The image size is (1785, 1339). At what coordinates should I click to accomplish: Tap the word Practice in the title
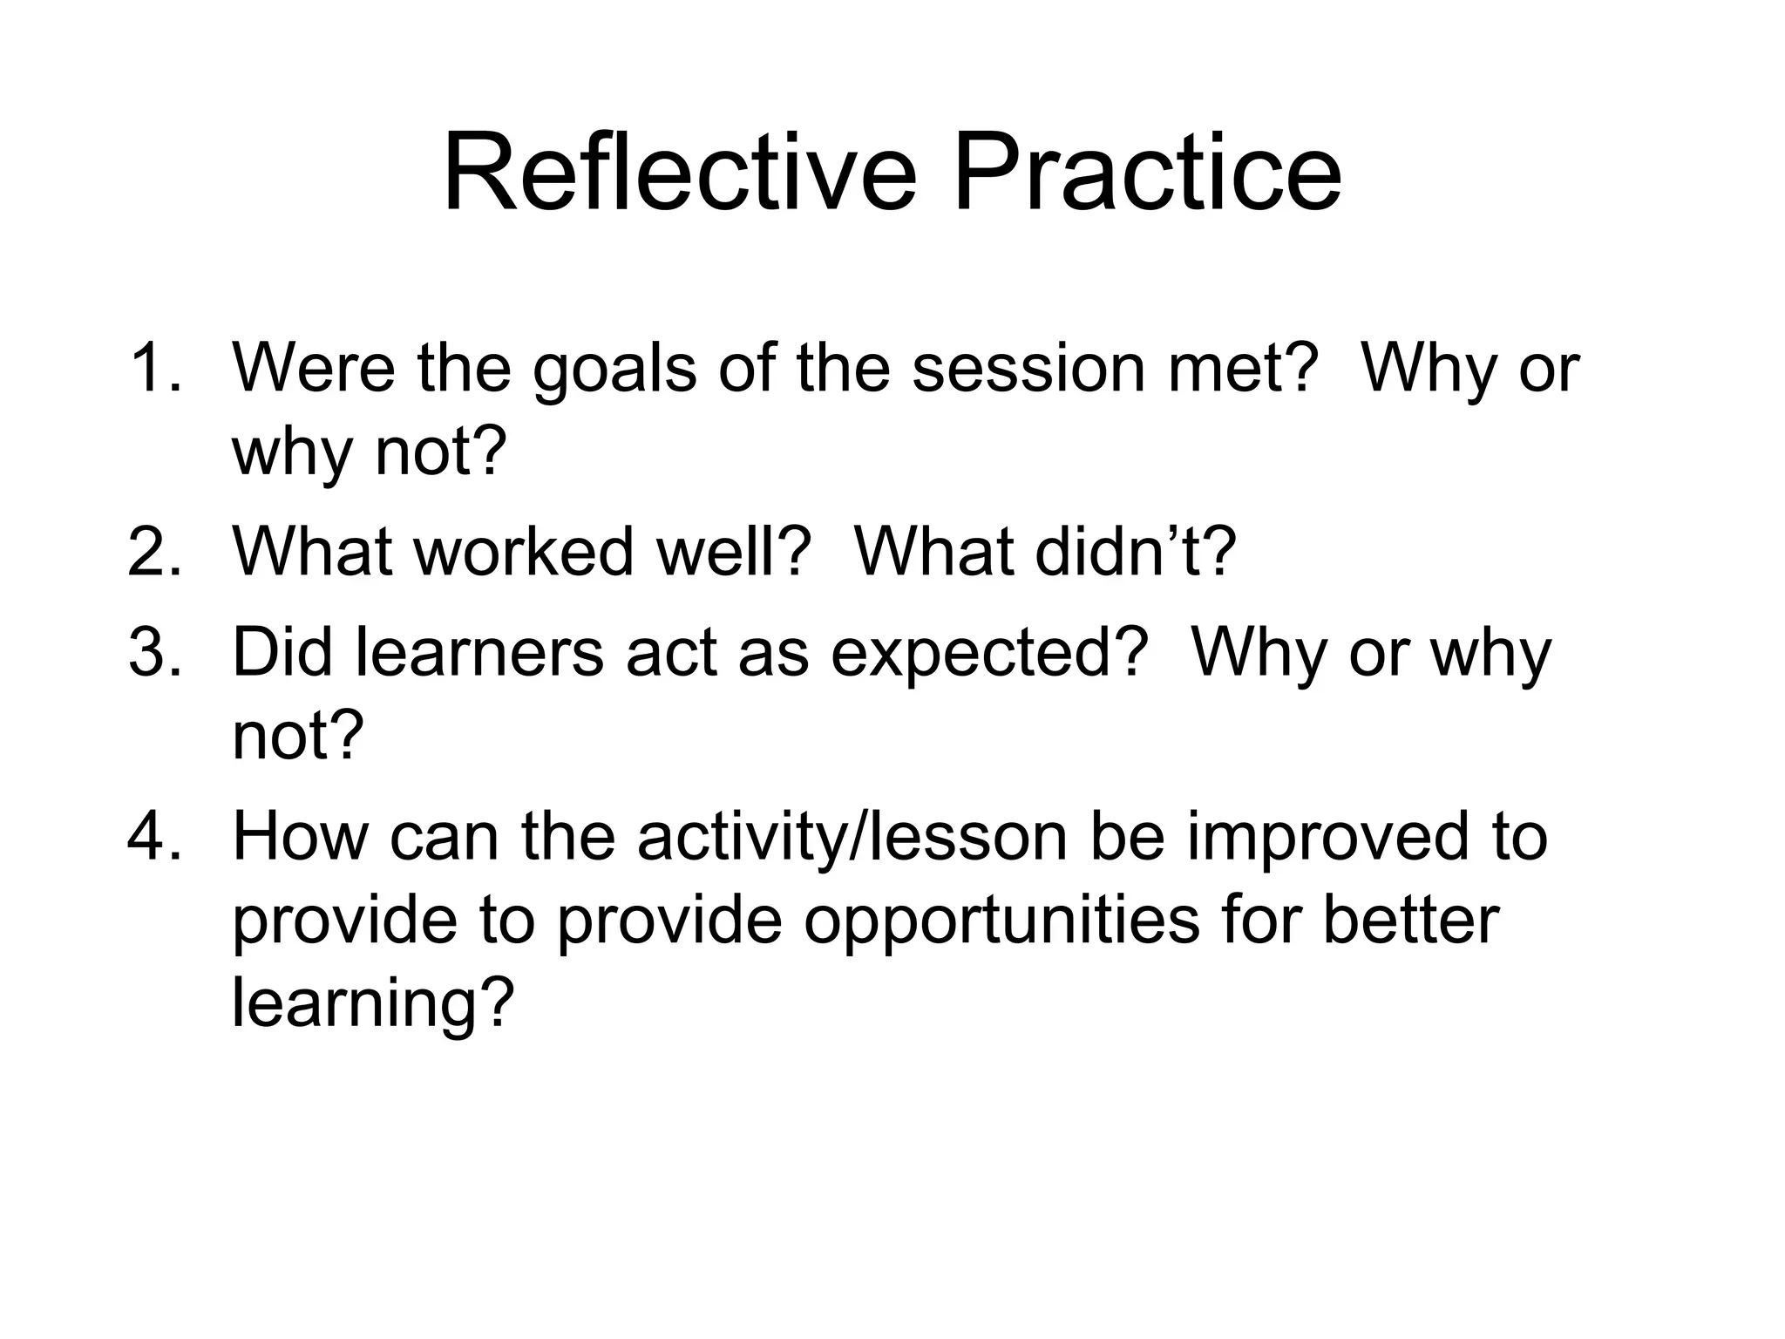1147,173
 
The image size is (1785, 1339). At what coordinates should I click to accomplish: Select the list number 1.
154,368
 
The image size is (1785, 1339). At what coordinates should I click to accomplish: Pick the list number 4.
154,836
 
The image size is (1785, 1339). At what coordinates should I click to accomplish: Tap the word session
1028,368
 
